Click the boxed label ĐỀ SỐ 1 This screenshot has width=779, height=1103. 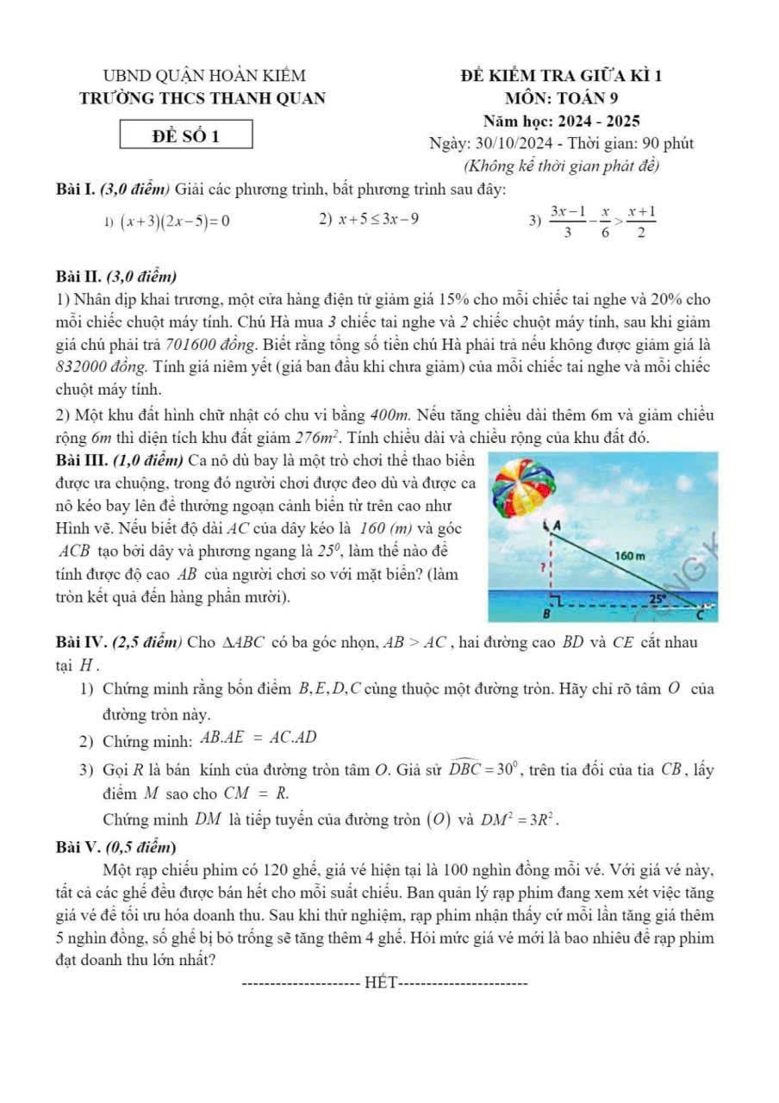pyautogui.click(x=187, y=135)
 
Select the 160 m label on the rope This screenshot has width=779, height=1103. pyautogui.click(x=633, y=556)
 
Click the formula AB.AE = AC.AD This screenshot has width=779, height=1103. pyautogui.click(x=259, y=738)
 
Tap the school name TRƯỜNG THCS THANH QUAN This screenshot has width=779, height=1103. pyautogui.click(x=203, y=98)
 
